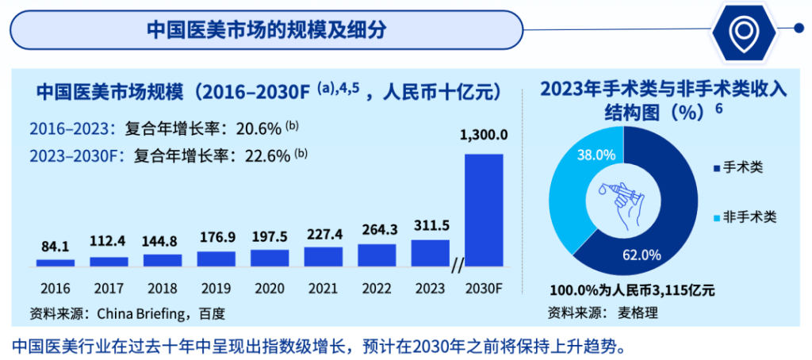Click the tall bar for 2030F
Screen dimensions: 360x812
pyautogui.click(x=483, y=209)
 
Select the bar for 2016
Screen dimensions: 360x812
pyautogui.click(x=56, y=262)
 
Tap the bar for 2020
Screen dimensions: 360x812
pyautogui.click(x=270, y=258)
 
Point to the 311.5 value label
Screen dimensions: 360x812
pyautogui.click(x=431, y=226)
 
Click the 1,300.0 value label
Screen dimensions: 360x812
pyautogui.click(x=484, y=135)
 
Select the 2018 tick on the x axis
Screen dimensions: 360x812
pyautogui.click(x=162, y=288)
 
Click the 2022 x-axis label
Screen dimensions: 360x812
pyautogui.click(x=377, y=288)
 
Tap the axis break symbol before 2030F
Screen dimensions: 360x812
pyautogui.click(x=457, y=267)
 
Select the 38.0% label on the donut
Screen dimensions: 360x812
pyautogui.click(x=596, y=155)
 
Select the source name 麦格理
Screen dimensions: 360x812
pyautogui.click(x=638, y=312)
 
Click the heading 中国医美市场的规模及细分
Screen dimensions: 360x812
pyautogui.click(x=266, y=29)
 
